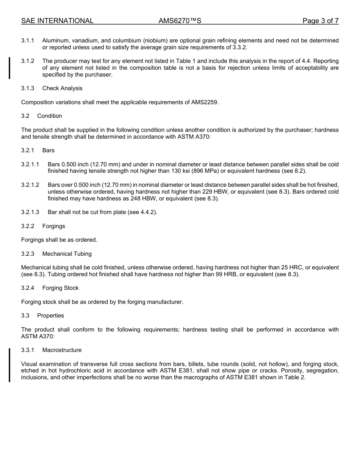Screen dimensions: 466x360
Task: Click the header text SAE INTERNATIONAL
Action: (57, 21)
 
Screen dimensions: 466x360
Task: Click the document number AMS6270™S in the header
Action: (180, 21)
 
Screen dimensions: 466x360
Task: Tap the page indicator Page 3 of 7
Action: (320, 21)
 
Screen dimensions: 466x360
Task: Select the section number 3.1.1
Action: (28, 41)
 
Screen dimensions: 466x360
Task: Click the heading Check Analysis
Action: (62, 88)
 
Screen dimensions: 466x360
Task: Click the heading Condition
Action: (50, 116)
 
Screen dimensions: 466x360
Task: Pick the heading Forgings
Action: (54, 226)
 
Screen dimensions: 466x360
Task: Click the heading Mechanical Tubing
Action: (67, 254)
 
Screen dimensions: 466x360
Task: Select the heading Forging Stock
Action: (61, 288)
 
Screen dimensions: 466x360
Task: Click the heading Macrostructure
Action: (62, 350)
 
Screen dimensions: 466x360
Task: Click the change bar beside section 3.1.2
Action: (9, 68)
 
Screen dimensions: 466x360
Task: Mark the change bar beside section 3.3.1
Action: (9, 364)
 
